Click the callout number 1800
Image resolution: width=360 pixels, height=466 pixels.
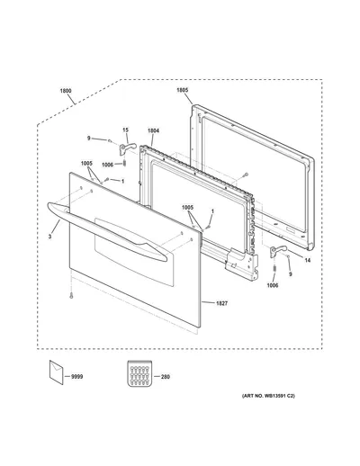click(x=66, y=91)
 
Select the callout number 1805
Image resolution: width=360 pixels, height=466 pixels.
click(x=182, y=90)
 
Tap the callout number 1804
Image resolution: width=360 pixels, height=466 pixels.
click(x=153, y=130)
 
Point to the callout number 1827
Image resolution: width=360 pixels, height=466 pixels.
click(x=221, y=303)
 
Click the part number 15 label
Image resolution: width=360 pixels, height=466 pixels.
click(x=125, y=130)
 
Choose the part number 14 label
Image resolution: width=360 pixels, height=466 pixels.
click(x=308, y=260)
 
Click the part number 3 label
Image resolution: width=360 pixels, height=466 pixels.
click(x=49, y=237)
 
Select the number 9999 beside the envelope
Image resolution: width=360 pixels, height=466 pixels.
click(x=77, y=377)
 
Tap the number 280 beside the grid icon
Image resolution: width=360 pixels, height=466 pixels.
click(x=166, y=377)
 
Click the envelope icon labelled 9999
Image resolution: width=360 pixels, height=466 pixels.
click(x=56, y=372)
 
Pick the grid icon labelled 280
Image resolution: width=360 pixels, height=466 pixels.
click(x=139, y=373)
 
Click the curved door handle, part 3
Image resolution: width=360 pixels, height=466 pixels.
click(x=106, y=231)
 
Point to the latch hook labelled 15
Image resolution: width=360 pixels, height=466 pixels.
click(x=127, y=148)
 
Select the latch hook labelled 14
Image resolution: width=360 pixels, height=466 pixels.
click(x=277, y=251)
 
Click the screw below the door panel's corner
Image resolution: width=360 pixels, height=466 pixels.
click(x=71, y=296)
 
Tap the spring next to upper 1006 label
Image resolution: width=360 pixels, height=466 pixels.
click(x=124, y=164)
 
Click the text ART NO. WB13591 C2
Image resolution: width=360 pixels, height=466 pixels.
click(x=268, y=396)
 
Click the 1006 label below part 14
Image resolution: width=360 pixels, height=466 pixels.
click(x=273, y=285)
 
